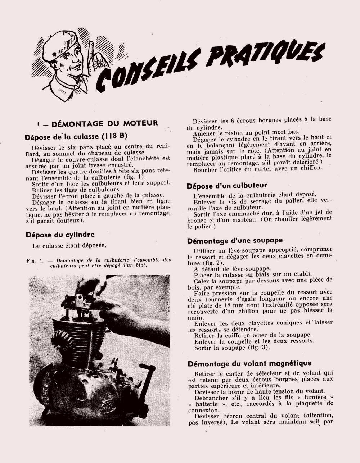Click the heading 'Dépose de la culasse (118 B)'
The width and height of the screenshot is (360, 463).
pos(75,137)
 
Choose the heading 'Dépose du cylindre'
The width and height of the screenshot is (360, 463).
pos(60,235)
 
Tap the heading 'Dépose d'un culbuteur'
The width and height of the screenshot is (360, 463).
pos(227,186)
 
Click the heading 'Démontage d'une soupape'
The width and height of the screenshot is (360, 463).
pos(235,240)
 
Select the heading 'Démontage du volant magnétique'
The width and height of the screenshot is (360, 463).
pos(249,363)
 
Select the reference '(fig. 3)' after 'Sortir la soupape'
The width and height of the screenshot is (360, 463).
pos(256,348)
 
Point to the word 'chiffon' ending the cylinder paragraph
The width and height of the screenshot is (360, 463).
pos(309,168)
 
